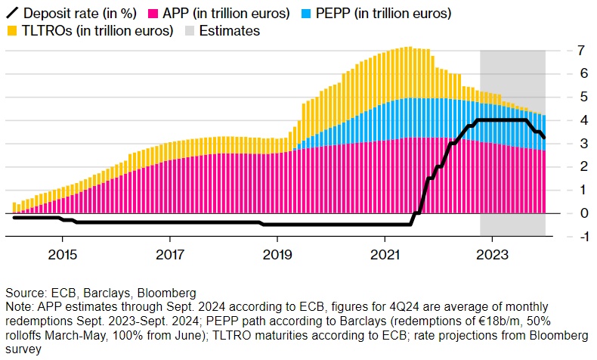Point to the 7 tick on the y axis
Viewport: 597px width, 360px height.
560,51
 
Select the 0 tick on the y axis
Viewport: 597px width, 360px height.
560,213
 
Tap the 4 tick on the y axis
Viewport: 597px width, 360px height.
560,120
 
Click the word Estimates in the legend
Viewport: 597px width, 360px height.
230,31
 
